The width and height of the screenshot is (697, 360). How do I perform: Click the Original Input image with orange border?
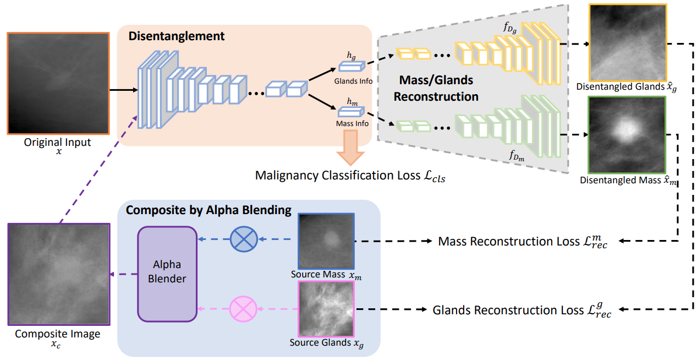(57, 83)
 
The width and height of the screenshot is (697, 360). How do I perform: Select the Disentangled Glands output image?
(628, 42)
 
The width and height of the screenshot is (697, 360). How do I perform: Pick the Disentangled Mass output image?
(627, 135)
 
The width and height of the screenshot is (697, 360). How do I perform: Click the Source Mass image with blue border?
(326, 241)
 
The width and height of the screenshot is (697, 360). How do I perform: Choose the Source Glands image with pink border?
(326, 309)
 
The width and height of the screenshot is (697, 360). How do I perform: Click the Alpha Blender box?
(167, 274)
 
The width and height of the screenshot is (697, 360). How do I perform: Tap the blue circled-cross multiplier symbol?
(243, 239)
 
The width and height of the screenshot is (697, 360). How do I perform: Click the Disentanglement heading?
(176, 37)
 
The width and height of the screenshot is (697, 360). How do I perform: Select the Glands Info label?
(353, 81)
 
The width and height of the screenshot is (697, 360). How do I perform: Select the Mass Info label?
(352, 124)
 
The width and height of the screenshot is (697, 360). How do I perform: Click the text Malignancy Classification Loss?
(342, 176)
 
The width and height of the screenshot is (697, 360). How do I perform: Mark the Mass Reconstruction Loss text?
(523, 242)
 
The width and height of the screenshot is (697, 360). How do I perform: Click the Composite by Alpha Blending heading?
(208, 210)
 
